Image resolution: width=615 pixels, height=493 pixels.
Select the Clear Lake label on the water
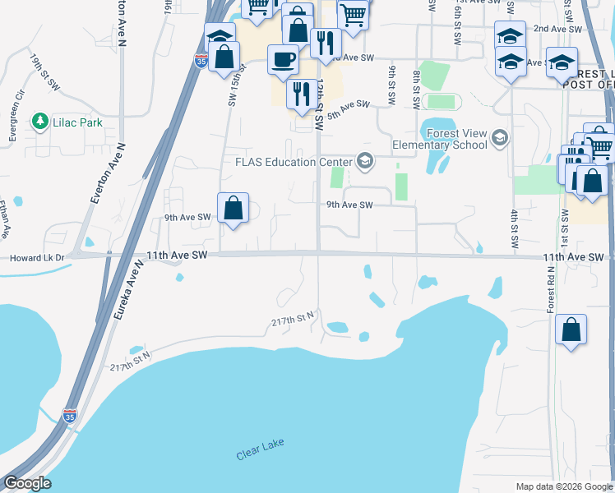coord(260,450)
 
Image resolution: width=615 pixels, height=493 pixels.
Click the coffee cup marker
coord(283,62)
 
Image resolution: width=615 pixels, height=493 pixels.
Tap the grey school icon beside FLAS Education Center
coord(363,161)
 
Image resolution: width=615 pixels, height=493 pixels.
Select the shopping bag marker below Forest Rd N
coord(571,331)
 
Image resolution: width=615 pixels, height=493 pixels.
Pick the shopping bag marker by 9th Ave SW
coord(234,209)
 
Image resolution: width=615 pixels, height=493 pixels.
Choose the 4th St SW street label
coord(514,230)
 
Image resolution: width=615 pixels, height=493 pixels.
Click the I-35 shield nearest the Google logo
coord(70,417)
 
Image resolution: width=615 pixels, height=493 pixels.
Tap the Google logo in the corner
coord(27,483)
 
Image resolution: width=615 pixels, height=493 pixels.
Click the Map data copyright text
coord(562,486)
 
